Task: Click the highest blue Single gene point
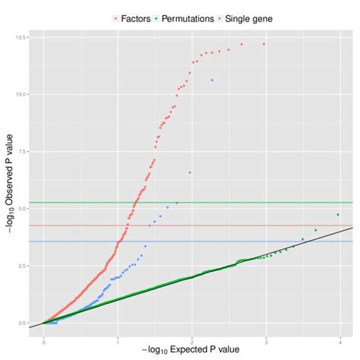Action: pyautogui.click(x=212, y=80)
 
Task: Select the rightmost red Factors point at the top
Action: pyautogui.click(x=264, y=44)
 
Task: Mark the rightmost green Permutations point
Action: pyautogui.click(x=338, y=215)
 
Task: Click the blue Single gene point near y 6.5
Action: pyautogui.click(x=190, y=172)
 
